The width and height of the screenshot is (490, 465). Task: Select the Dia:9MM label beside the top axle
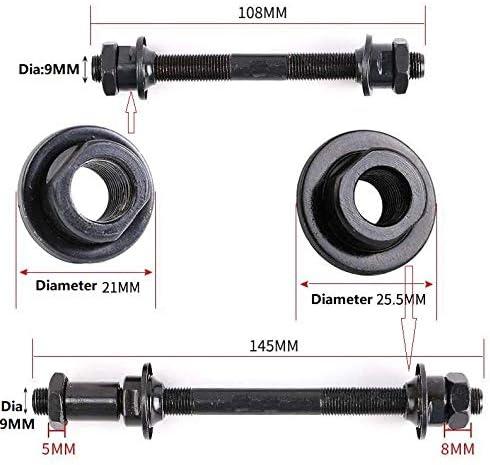(x=49, y=71)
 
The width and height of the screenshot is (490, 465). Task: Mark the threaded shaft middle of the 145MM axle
(x=280, y=395)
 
